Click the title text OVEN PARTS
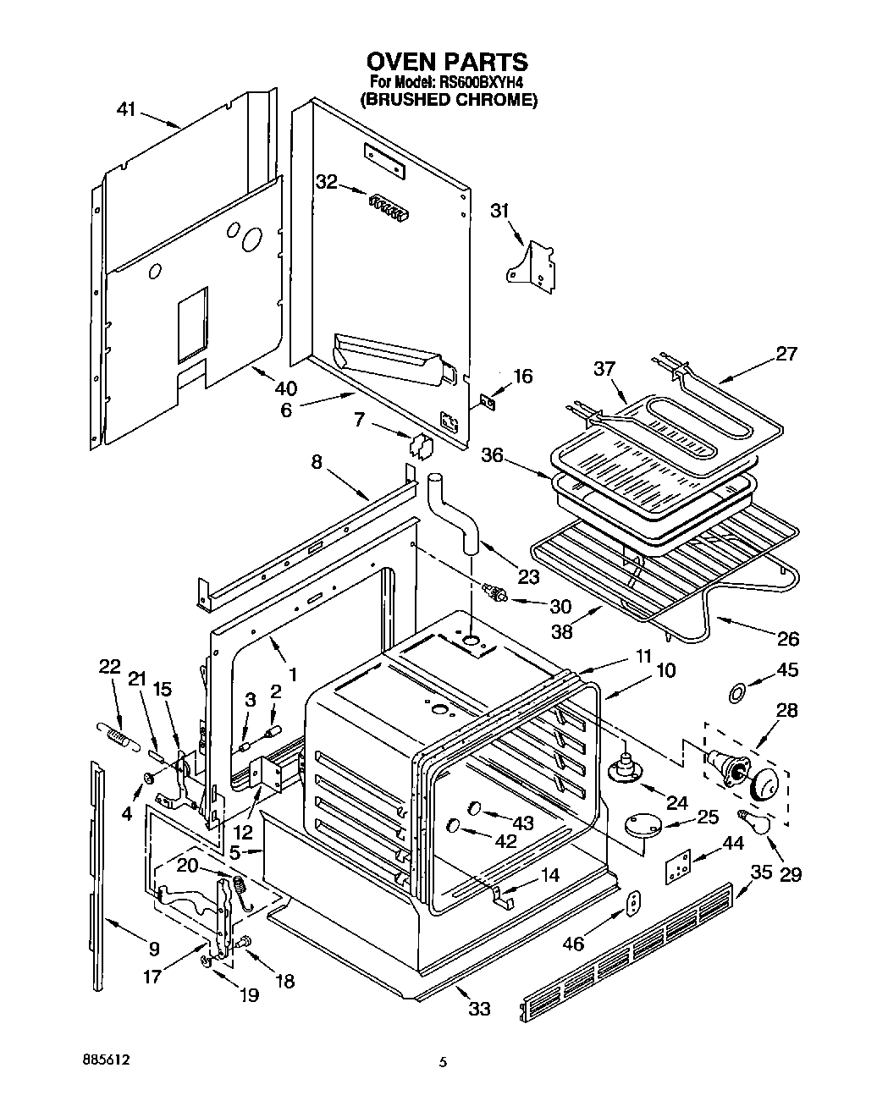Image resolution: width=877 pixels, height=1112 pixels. coord(446,62)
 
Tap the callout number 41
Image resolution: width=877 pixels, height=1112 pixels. coord(127,110)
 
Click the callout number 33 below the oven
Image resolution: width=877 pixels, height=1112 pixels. coord(479,1009)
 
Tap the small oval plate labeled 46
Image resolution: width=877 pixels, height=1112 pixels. coord(633,904)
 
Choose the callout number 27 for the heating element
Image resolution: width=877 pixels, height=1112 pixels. coord(786,354)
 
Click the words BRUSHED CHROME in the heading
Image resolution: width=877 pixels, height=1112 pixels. coord(448,100)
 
